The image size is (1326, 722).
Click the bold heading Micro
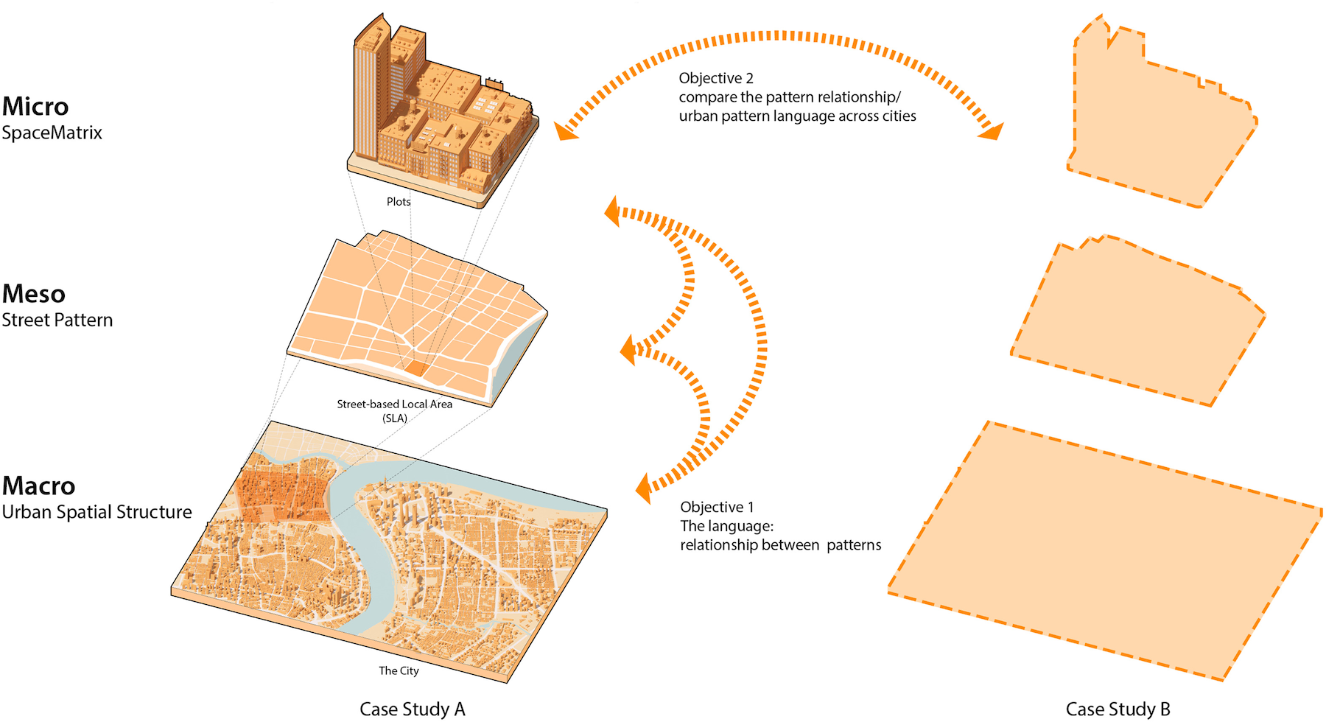[x=35, y=107]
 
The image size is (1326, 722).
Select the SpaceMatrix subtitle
[x=52, y=133]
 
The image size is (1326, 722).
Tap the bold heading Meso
[x=34, y=294]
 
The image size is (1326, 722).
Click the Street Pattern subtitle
[x=57, y=320]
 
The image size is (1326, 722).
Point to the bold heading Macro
[x=38, y=486]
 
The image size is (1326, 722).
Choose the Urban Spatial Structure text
[x=97, y=512]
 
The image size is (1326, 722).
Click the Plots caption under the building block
[x=399, y=202]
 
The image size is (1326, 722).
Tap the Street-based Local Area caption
[x=395, y=404]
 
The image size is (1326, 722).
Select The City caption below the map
[x=399, y=671]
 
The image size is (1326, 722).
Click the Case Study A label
[x=412, y=709]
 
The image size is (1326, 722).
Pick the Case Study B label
[x=1118, y=709]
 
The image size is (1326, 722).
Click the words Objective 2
[x=716, y=78]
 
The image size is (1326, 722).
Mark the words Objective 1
[x=717, y=507]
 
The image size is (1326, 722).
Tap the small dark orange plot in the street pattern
[x=415, y=368]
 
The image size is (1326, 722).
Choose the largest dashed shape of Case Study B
[x=1105, y=549]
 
